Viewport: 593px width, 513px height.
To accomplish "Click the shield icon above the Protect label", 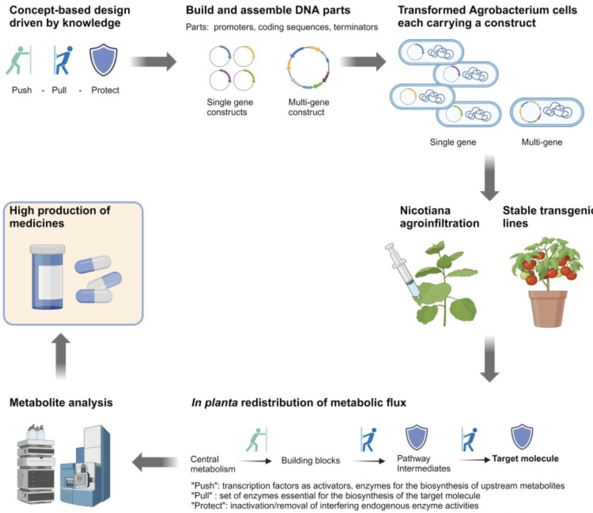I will tap(103, 60).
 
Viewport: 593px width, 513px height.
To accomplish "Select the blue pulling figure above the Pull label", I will tap(63, 60).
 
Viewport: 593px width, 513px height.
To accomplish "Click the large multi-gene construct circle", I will tap(308, 68).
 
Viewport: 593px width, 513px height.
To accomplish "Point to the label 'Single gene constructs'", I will tap(229, 107).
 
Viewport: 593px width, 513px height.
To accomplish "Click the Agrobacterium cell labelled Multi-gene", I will tap(547, 112).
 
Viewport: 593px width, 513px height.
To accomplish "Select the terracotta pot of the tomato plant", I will tap(548, 308).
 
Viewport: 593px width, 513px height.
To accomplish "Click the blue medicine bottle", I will tap(47, 277).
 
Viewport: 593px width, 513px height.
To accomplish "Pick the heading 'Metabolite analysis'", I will tap(61, 403).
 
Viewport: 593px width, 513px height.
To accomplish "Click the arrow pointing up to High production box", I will tap(61, 357).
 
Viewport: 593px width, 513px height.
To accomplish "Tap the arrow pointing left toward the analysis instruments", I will tap(155, 462).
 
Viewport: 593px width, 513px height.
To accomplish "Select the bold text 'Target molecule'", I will tap(525, 459).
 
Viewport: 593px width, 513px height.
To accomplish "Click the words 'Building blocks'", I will tap(310, 461).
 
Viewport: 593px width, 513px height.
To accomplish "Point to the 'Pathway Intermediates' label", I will tap(423, 463).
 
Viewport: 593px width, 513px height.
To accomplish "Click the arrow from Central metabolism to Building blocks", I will tap(255, 461).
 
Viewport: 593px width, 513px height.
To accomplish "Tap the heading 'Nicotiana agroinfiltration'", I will tap(439, 217).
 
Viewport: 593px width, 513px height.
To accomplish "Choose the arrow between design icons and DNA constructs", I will tap(153, 62).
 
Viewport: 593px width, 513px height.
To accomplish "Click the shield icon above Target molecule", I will tap(522, 437).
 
